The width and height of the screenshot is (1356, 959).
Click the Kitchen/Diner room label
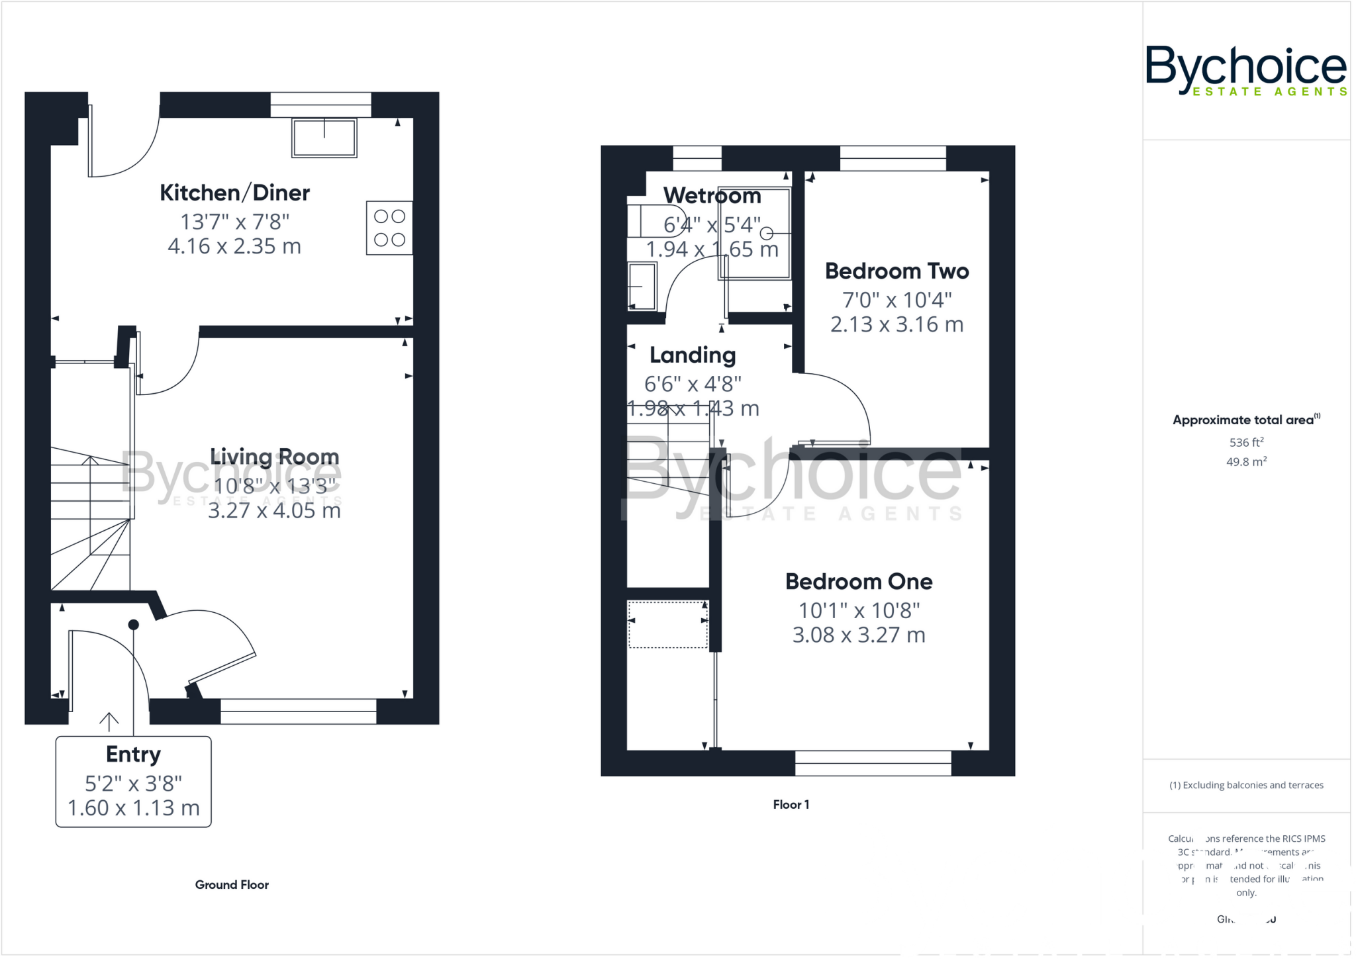click(234, 193)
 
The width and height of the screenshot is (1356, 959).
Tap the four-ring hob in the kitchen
click(389, 228)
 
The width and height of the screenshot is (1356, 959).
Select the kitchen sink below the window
click(324, 138)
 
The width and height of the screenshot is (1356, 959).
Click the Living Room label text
click(274, 457)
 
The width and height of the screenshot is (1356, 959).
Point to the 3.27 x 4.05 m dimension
click(274, 511)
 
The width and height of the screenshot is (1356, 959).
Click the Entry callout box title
click(133, 754)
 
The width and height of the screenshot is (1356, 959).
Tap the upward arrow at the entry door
click(109, 721)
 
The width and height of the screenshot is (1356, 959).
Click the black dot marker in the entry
click(133, 625)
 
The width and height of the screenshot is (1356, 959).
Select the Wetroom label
click(712, 196)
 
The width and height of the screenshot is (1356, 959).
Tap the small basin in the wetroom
click(642, 287)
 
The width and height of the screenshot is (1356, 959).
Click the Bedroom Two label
click(896, 271)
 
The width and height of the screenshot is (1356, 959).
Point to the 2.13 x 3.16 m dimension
click(896, 324)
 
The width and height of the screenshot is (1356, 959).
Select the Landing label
click(692, 355)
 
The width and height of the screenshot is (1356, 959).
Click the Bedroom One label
click(859, 582)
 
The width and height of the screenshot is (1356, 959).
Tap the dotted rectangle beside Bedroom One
click(667, 624)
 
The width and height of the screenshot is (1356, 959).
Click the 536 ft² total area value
click(1246, 442)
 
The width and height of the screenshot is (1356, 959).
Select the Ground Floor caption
click(232, 885)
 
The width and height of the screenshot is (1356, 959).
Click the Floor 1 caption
click(791, 805)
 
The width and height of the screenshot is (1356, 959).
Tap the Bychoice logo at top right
click(1245, 70)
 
